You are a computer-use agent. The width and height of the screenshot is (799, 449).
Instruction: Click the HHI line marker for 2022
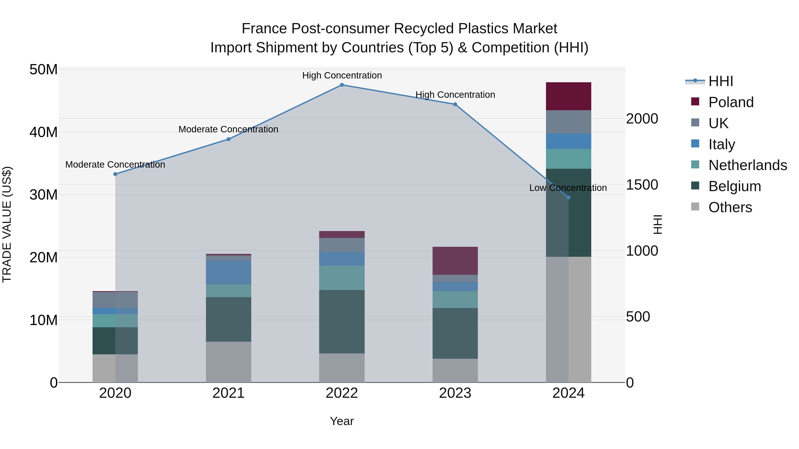(342, 85)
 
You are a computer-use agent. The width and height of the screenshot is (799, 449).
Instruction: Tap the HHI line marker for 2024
(568, 197)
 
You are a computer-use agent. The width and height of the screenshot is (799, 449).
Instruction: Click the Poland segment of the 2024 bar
(568, 96)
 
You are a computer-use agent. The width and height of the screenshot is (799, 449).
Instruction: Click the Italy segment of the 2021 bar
(228, 272)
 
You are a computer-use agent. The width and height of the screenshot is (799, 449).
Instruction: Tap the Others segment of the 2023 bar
(455, 370)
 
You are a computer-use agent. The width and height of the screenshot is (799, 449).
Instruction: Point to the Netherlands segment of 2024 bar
(568, 159)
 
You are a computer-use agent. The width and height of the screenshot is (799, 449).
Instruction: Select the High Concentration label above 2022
(342, 75)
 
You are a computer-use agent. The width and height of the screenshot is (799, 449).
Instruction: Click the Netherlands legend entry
(747, 165)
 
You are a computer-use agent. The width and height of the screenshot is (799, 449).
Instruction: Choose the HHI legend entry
(720, 81)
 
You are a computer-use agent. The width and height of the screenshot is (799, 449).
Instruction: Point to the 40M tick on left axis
(44, 132)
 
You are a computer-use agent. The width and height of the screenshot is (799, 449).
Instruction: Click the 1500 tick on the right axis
(642, 185)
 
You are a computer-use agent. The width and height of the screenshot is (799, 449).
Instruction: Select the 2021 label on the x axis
(228, 393)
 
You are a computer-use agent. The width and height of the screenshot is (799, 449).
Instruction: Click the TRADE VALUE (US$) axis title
(7, 224)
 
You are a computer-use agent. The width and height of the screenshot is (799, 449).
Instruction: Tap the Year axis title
(342, 421)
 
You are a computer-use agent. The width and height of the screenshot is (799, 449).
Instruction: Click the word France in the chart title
(264, 29)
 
